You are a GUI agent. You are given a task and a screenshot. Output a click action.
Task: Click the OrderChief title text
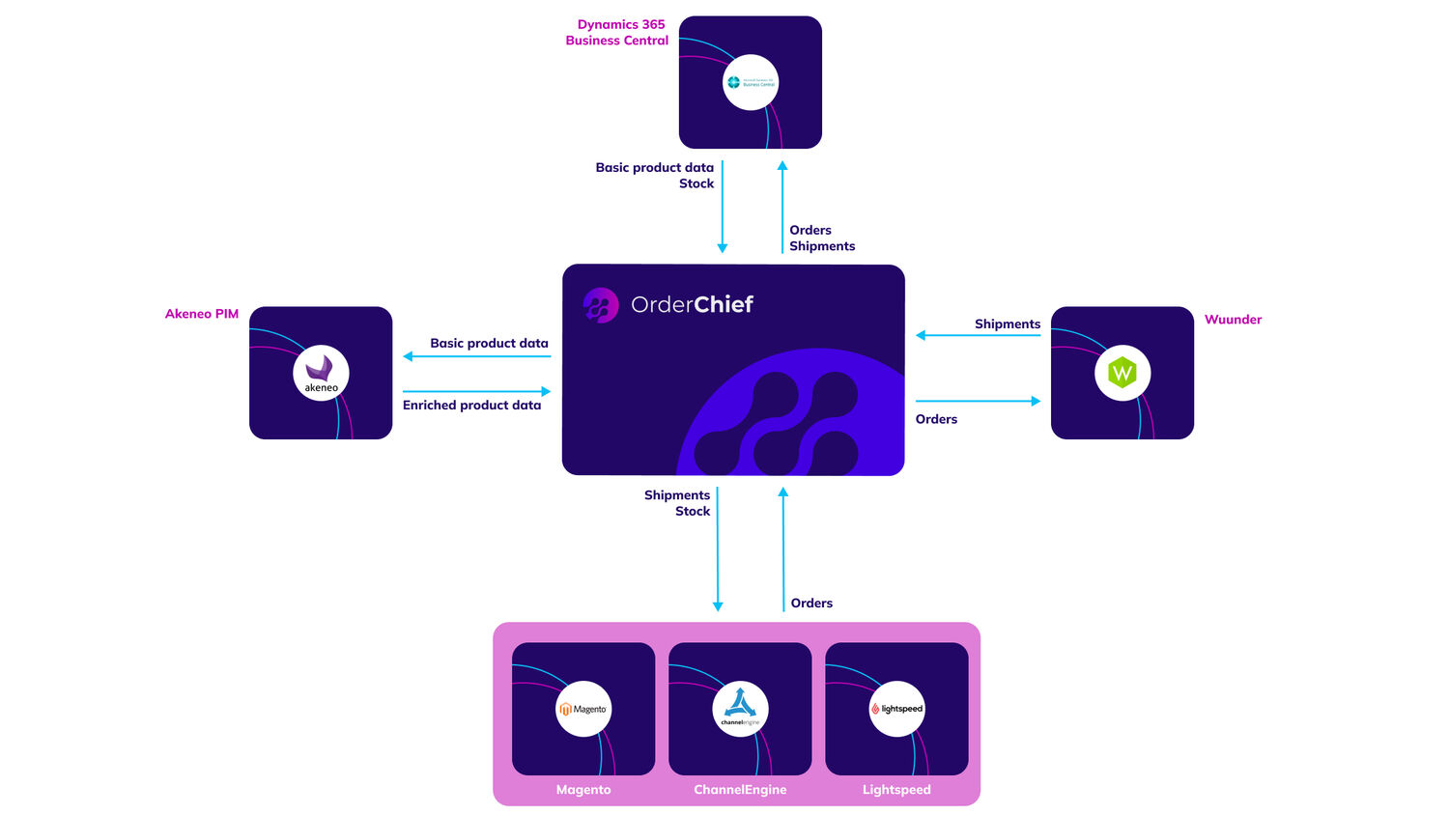point(692,305)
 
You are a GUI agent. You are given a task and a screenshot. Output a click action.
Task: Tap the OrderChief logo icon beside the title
point(600,305)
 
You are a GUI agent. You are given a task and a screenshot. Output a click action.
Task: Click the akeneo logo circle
point(321,373)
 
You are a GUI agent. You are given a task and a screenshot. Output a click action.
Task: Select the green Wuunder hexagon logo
point(1122,373)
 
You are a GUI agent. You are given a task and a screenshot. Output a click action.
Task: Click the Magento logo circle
point(583,709)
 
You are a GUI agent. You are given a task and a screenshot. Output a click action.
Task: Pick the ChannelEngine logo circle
point(740,709)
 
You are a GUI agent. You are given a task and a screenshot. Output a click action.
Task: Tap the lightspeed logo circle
point(896,709)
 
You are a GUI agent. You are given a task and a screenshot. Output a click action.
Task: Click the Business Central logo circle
point(751,82)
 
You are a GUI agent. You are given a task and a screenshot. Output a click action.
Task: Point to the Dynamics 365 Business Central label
point(618,33)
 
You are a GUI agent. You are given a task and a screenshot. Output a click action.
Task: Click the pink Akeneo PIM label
point(202,314)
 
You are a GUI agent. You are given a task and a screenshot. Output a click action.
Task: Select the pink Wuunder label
point(1233,320)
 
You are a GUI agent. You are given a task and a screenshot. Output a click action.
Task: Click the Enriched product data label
point(471,406)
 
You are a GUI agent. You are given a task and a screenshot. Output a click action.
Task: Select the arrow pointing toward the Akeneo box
point(476,356)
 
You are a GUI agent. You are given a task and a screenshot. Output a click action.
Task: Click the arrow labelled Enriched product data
point(476,391)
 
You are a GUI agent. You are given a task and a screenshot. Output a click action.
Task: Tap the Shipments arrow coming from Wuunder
point(978,335)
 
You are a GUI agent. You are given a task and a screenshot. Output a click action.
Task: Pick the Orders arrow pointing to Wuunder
point(978,401)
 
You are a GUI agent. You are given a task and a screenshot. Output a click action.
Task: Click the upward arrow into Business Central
point(782,207)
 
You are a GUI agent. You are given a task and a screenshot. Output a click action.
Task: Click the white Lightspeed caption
point(896,790)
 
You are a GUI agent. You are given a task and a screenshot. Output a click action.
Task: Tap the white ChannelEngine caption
point(740,790)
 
